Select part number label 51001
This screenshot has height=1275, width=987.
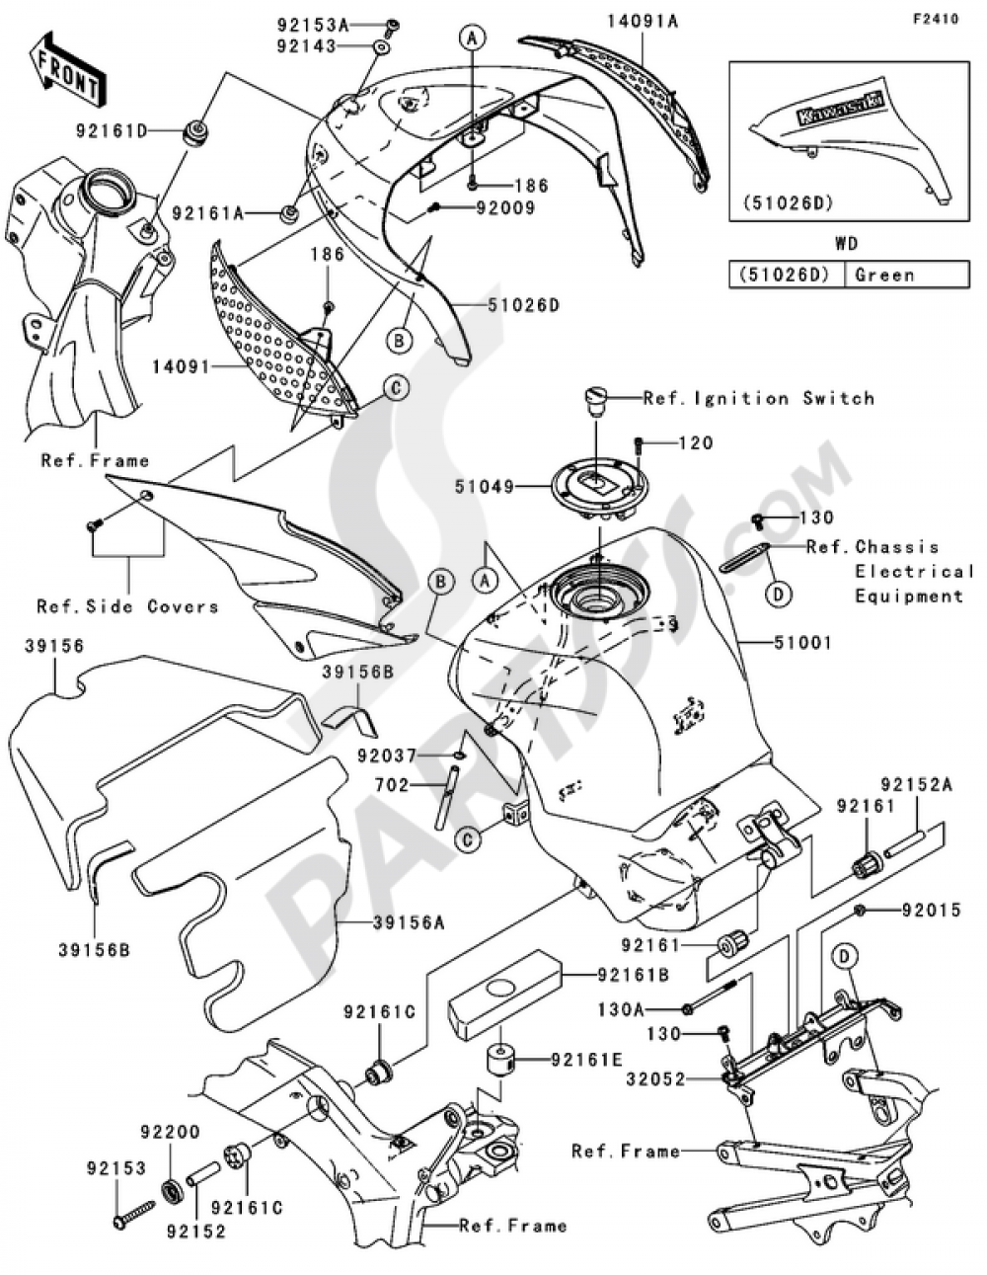(802, 643)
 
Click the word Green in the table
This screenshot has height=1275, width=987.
(884, 275)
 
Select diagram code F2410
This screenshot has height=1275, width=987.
(935, 19)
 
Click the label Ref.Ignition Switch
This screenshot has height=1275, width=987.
(758, 398)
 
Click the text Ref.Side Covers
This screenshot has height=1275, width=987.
(127, 605)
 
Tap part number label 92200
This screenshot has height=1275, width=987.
(169, 1132)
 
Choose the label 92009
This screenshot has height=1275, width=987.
(505, 208)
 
